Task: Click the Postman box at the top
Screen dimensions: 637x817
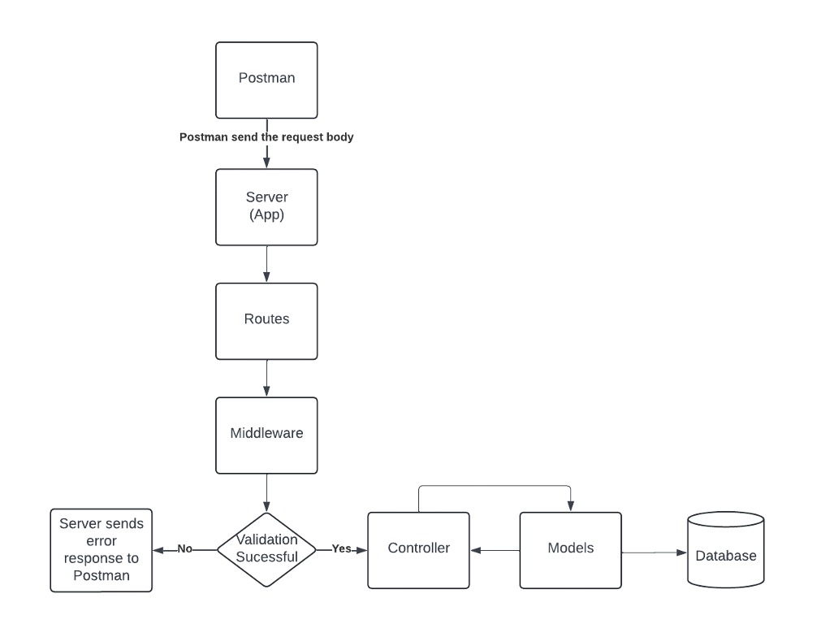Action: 266,80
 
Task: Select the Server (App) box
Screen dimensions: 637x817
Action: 266,206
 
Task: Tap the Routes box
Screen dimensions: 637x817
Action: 266,320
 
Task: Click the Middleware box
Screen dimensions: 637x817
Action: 266,434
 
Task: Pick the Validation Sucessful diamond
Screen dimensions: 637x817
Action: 266,549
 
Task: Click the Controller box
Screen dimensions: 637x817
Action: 418,549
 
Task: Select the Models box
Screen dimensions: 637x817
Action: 570,549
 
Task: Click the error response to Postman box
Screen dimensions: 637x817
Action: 102,550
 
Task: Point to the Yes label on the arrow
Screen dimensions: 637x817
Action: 342,548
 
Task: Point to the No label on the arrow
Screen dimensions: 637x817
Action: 185,548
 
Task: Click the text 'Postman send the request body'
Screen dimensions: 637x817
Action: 266,137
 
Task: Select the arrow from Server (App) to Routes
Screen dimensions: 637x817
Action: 266,263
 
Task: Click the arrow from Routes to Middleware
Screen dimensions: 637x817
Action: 266,378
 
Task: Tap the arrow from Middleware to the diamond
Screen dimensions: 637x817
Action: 266,492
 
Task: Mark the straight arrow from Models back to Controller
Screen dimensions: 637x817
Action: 495,551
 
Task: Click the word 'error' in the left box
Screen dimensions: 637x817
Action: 101,541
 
